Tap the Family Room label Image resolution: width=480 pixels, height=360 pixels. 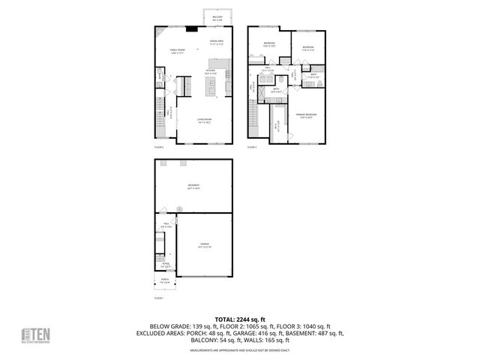coord(177,51)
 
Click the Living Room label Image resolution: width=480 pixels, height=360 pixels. coord(204,121)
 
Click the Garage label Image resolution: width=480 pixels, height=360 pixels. coord(204,245)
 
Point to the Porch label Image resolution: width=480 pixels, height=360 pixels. coord(165,281)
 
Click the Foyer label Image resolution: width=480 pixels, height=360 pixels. coord(165,264)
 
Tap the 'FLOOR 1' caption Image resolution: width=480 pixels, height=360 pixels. coord(159,298)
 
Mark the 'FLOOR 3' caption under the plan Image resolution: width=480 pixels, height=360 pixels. coord(253,148)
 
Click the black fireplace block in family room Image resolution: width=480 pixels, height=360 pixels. coord(192,30)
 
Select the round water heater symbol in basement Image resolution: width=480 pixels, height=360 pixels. coord(179,209)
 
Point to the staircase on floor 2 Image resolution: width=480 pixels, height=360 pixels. coord(159,116)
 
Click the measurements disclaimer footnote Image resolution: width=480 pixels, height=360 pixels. coord(239,350)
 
